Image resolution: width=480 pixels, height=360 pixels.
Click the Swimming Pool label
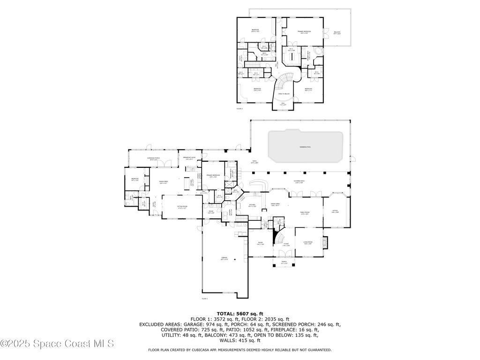(305, 147)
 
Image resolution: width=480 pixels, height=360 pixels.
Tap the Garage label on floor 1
(225, 258)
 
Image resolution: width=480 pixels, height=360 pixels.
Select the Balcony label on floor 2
(337, 33)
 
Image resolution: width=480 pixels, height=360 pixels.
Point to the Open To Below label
(283, 94)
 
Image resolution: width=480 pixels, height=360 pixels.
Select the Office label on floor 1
(335, 212)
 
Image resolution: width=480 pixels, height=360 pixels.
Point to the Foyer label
(286, 245)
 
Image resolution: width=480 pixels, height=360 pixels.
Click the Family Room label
(305, 212)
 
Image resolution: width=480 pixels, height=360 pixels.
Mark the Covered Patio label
(300, 183)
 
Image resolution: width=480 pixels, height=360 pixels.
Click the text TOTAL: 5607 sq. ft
(240, 314)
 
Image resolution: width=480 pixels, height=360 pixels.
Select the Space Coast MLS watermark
(57, 344)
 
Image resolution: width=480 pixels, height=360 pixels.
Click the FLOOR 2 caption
(240, 109)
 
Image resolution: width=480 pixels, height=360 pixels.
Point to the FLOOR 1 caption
(205, 298)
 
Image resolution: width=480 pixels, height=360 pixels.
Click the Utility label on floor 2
(241, 58)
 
